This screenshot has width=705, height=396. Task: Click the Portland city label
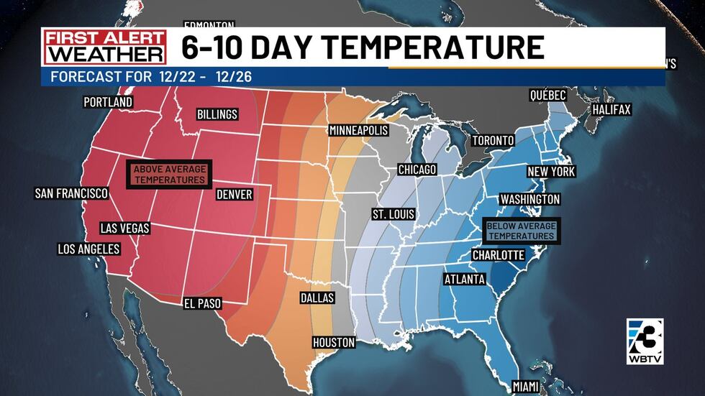pos(108,103)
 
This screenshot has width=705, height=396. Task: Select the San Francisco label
pos(71,193)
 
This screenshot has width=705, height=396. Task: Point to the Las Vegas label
pos(125,229)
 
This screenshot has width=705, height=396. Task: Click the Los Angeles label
pos(88,249)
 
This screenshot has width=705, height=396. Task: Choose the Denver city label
pos(235,195)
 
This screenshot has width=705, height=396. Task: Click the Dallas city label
pos(317,298)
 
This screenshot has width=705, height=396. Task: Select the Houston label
pos(334,342)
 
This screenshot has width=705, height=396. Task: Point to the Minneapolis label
pos(358,131)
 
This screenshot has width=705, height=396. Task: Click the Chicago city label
pos(417,170)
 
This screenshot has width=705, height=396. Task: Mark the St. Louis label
pos(393,215)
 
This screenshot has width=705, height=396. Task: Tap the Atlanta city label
pos(464,280)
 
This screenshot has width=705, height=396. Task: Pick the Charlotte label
pos(498,255)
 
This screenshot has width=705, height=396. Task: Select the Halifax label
pos(611,110)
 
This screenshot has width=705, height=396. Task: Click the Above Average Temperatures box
pos(169,175)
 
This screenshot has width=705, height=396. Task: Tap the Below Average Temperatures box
pos(522,231)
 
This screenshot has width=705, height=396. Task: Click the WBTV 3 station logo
pos(645,341)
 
